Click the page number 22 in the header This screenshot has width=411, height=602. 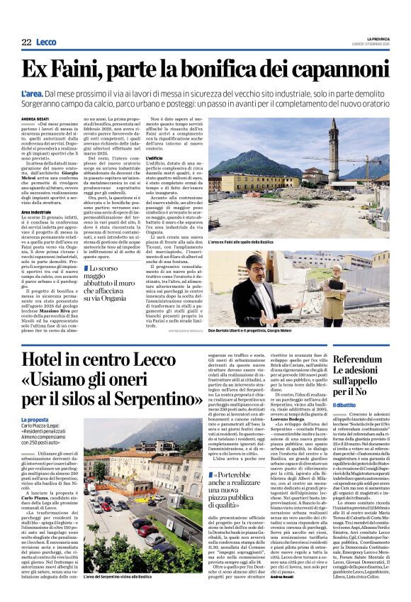point(26,43)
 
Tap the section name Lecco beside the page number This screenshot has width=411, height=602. point(46,43)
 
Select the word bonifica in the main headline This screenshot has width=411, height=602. point(200,69)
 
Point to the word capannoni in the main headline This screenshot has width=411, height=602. point(334,69)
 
